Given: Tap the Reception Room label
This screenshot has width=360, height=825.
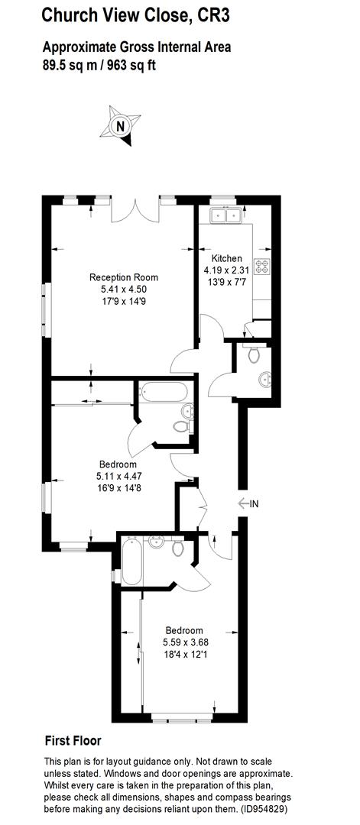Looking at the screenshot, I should click(x=124, y=277).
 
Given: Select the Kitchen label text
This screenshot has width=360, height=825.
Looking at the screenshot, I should click(x=227, y=258).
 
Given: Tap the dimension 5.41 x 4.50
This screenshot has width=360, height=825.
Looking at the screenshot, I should click(x=124, y=290).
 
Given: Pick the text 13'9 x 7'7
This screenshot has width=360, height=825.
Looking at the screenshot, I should click(x=227, y=282).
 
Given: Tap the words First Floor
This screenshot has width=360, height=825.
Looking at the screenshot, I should click(x=73, y=740).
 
